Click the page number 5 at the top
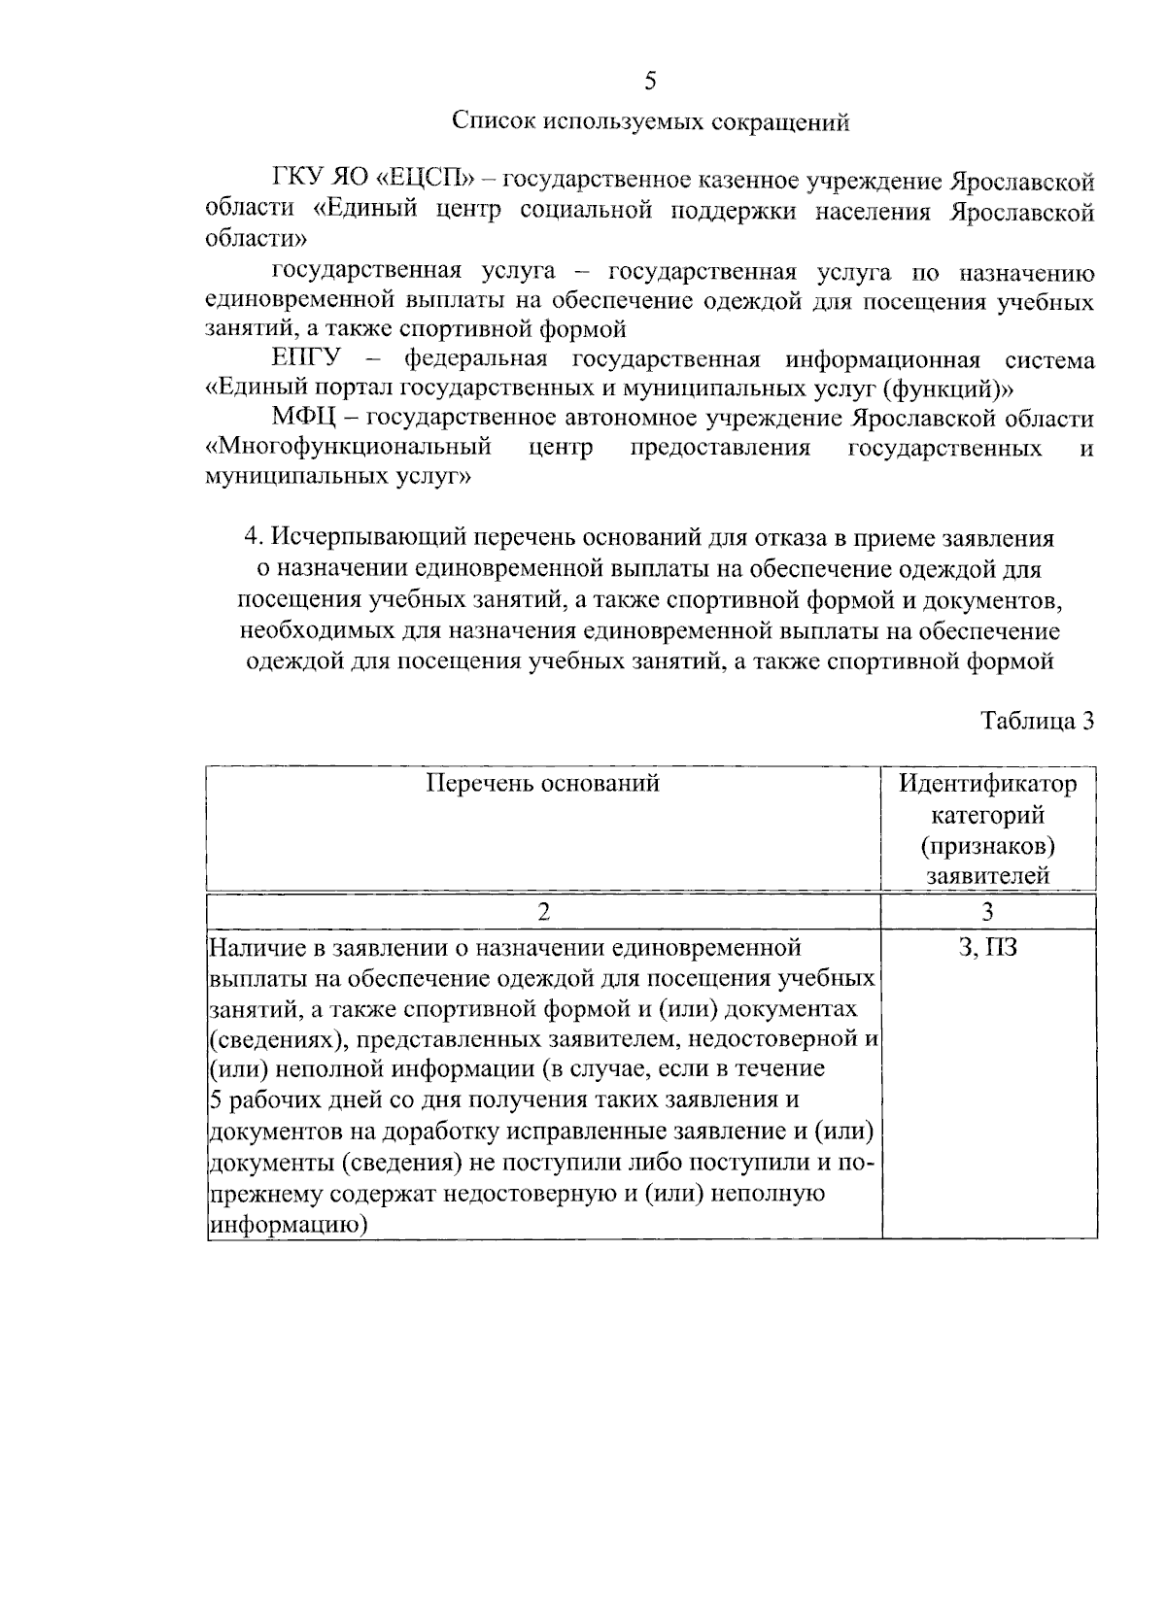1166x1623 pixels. coord(650,82)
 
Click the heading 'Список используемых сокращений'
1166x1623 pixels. coord(650,122)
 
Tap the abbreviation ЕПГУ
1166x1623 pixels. coord(305,359)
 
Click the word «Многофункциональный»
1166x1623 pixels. coord(347,448)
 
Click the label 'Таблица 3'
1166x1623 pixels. coord(1038,721)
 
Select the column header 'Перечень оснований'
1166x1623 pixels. coord(543,783)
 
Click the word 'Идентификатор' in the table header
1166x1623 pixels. coord(987,783)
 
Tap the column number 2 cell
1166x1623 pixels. coord(543,911)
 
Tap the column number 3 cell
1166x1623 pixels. coord(988,911)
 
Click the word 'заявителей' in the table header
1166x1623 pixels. coord(988,876)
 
